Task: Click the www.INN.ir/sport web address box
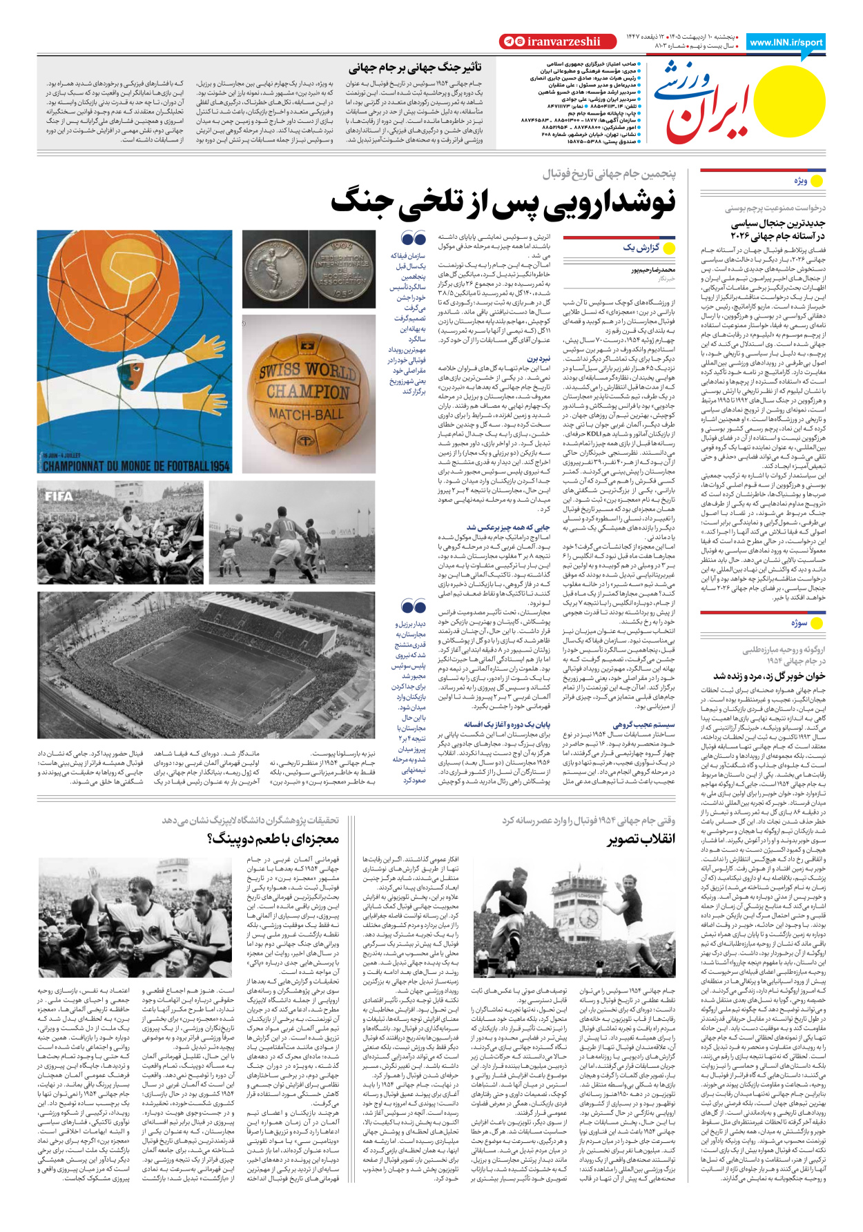786,42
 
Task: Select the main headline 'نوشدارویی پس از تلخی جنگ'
503,202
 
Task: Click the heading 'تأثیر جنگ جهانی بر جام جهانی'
415,68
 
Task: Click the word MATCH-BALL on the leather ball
305,414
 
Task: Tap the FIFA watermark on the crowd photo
59,496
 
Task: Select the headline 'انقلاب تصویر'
641,839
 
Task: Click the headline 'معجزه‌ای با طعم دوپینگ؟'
273,839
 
